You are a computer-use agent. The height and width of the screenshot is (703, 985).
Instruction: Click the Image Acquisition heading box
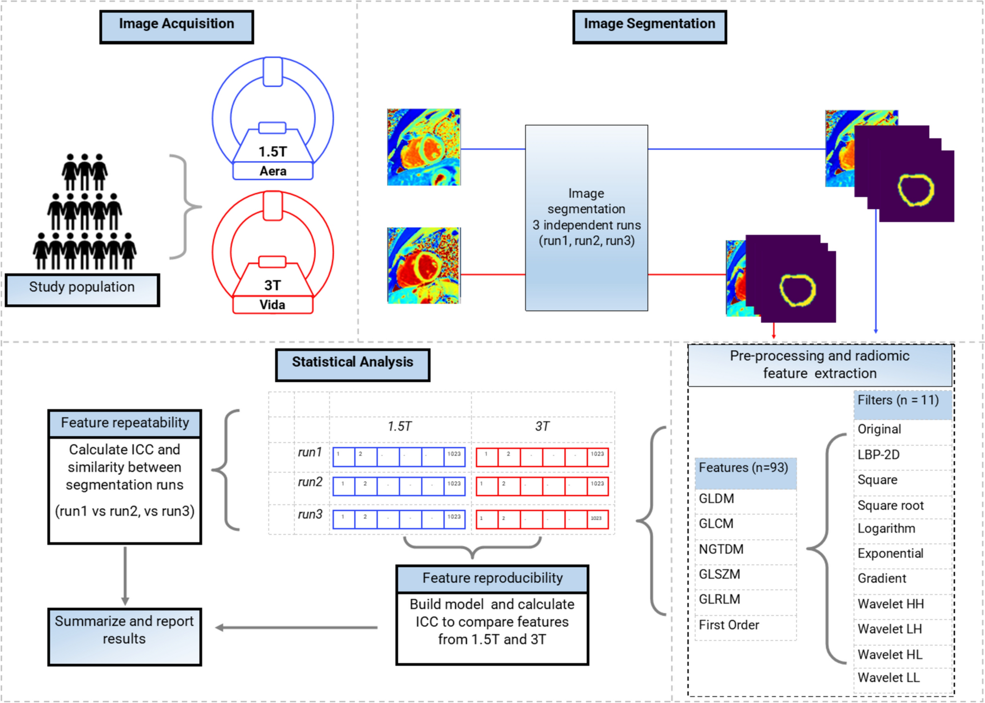[x=176, y=27]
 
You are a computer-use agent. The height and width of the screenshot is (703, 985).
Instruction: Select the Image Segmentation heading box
[x=649, y=27]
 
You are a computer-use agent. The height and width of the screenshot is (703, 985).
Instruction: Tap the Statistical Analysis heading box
[x=352, y=364]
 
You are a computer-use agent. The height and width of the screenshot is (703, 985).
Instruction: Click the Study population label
[x=82, y=289]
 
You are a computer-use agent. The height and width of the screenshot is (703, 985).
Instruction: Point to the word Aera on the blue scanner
[x=272, y=171]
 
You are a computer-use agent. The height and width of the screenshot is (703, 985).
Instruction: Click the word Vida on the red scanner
[x=272, y=305]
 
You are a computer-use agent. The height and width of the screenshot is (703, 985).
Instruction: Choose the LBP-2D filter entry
[x=878, y=454]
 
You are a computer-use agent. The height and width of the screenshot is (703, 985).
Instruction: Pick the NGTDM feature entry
[x=721, y=549]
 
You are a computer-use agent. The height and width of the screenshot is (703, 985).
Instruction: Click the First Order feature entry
[x=729, y=625]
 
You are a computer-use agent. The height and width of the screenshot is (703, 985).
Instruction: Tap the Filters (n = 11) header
[x=898, y=401]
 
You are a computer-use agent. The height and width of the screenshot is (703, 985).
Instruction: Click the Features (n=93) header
[x=743, y=468]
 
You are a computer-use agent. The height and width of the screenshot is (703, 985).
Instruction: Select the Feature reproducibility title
[x=492, y=578]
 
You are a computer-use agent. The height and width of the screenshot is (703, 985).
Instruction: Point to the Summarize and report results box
[x=124, y=636]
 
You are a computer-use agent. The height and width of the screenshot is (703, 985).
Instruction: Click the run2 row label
[x=310, y=482]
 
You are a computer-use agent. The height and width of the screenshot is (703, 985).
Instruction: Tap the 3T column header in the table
[x=542, y=426]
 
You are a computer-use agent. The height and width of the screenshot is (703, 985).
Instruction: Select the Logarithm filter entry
[x=886, y=528]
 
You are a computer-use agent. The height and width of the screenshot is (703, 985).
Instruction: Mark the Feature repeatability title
[x=125, y=423]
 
